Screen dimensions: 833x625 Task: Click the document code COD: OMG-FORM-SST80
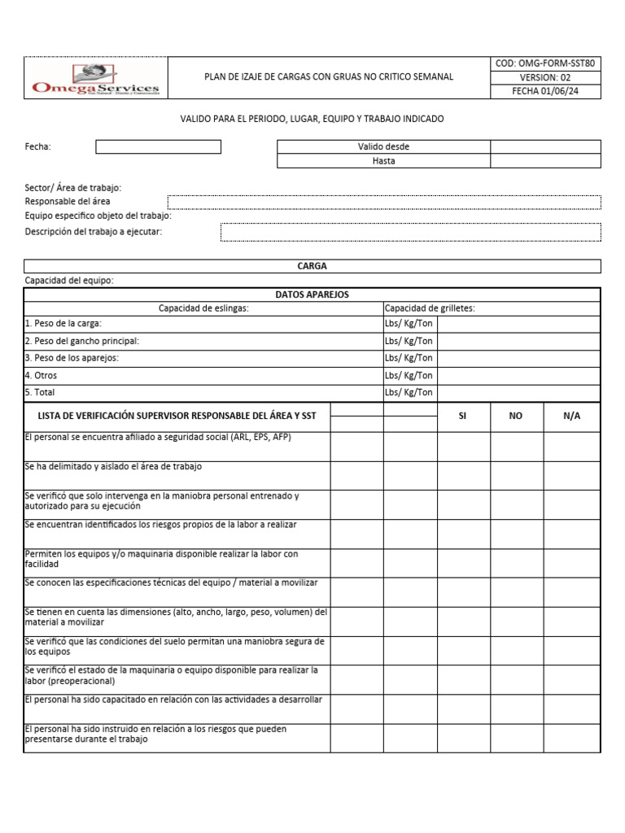[545, 63]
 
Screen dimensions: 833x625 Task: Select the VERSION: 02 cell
[545, 77]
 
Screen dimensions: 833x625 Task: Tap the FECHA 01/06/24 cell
[545, 91]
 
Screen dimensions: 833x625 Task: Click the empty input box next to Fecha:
[158, 146]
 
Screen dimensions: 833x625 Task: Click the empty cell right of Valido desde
[545, 146]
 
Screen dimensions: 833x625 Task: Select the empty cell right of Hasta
[545, 161]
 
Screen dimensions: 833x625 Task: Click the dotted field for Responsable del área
[384, 202]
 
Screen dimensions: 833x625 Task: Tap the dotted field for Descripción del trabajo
[410, 232]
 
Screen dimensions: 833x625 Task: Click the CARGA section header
[312, 266]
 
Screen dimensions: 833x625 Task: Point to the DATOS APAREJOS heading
[312, 294]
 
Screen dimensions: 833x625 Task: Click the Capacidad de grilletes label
[430, 308]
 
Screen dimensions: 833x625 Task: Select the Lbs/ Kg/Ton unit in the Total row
[409, 392]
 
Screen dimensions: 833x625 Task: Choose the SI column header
[463, 416]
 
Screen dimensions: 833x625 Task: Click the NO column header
[516, 416]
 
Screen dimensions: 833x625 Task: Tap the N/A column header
[572, 416]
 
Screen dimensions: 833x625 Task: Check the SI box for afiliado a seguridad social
[463, 446]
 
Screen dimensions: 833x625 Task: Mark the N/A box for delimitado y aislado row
[572, 475]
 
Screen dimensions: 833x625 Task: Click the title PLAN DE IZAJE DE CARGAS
[328, 77]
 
